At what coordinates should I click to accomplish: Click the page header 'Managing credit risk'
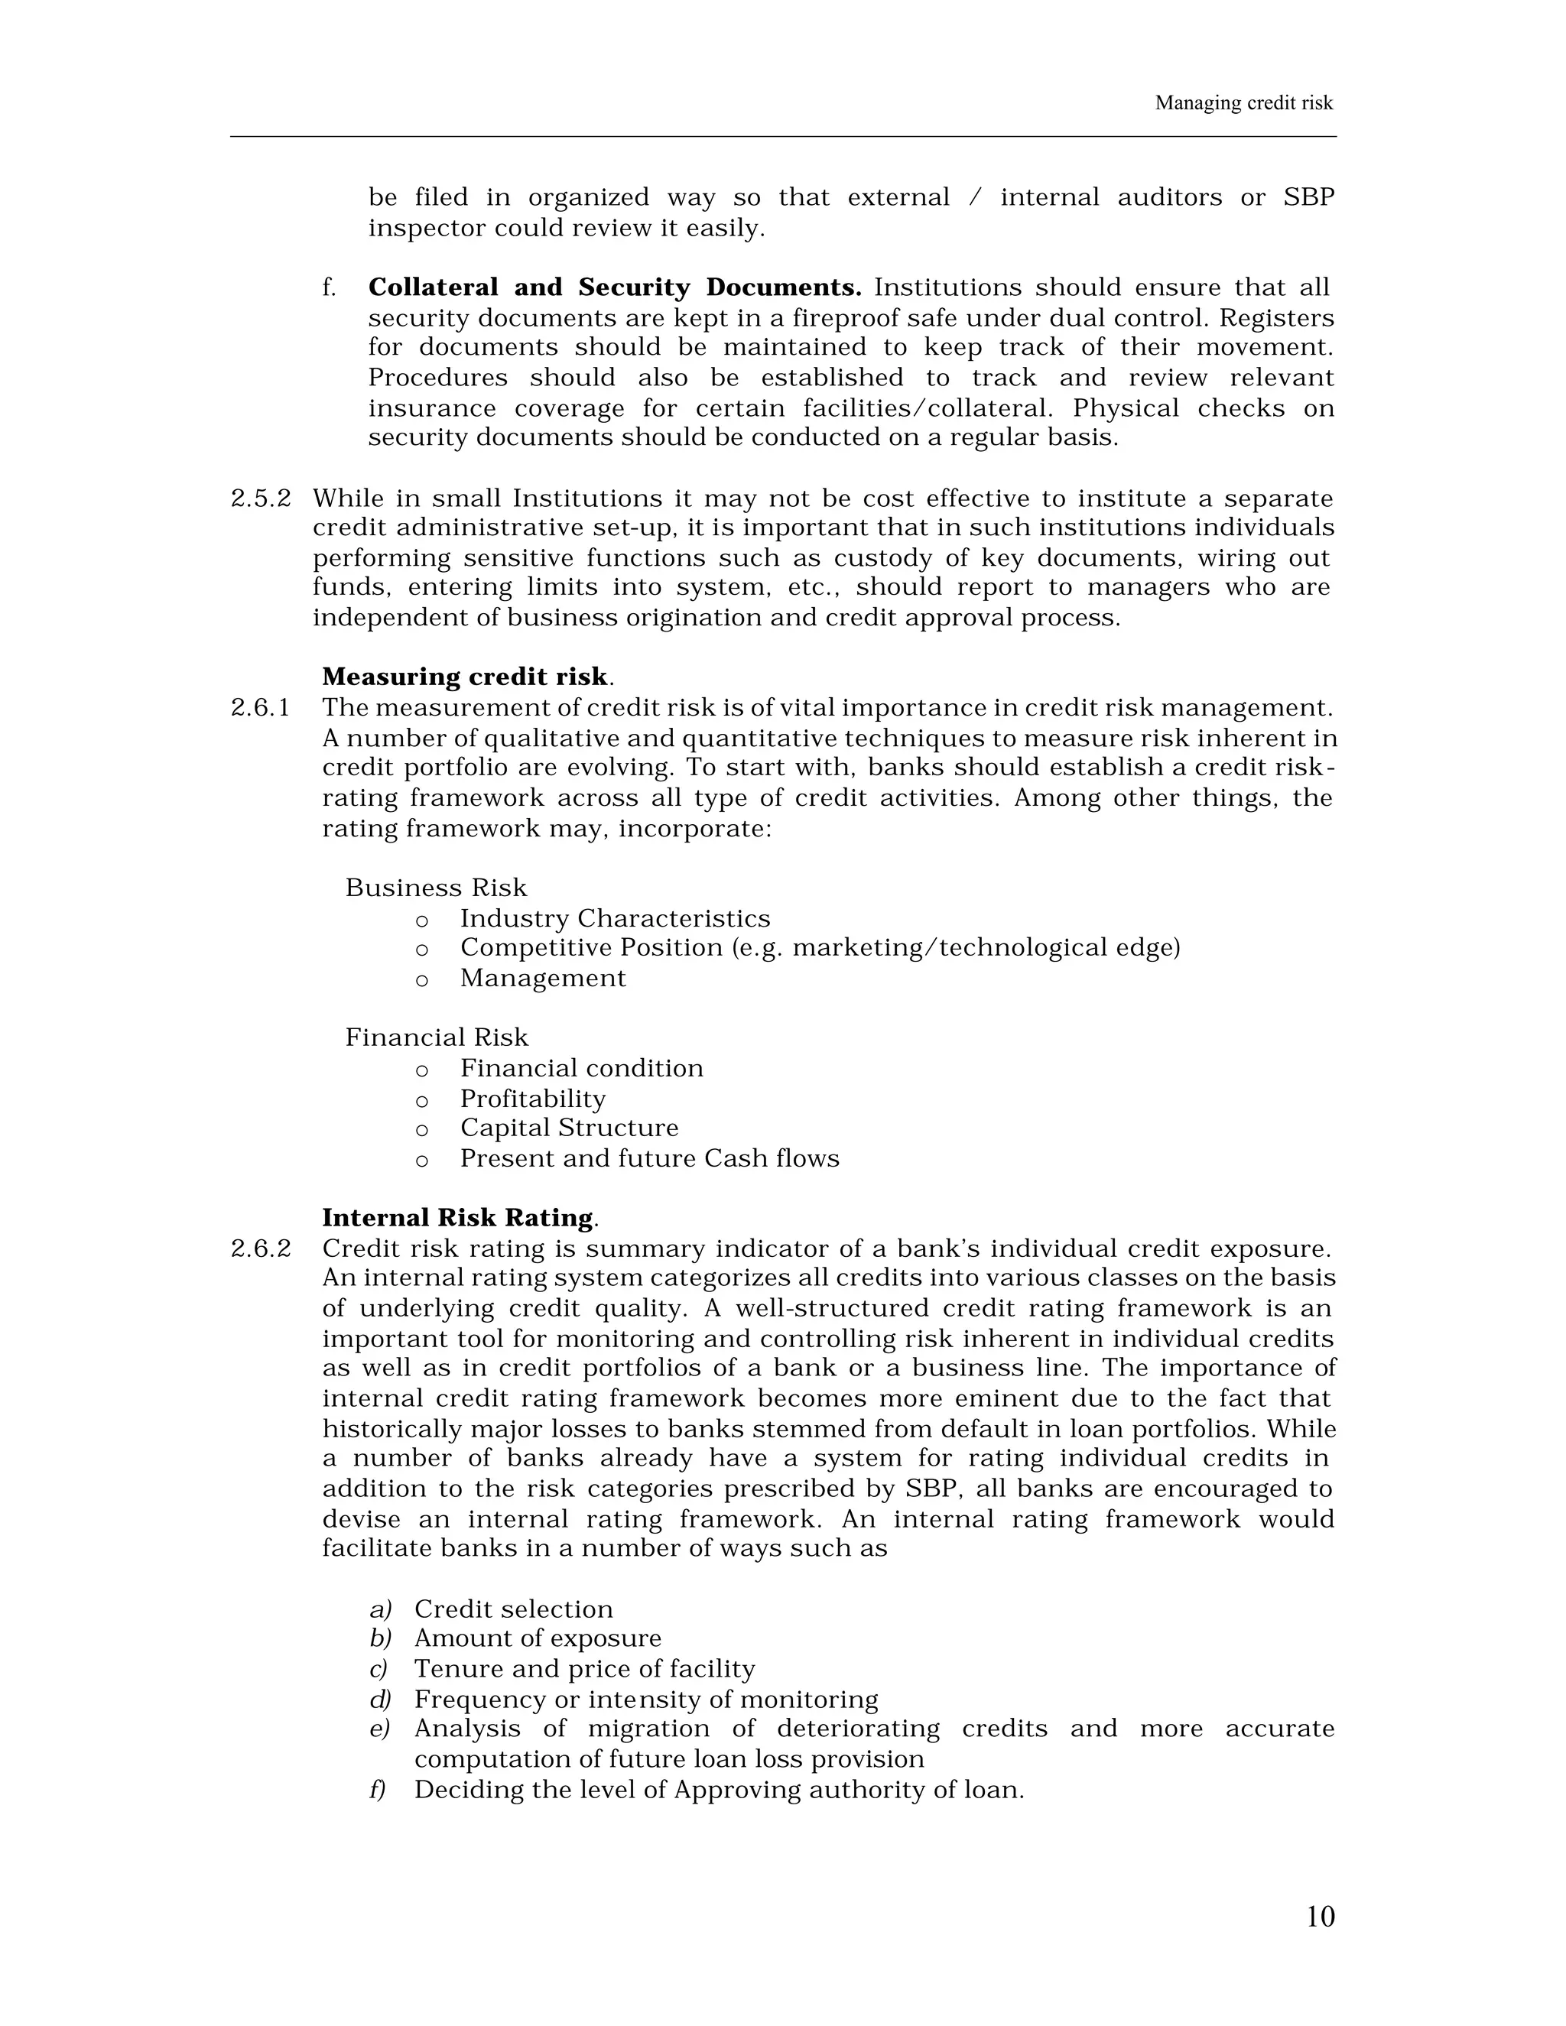[1243, 103]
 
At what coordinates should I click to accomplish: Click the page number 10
[1319, 1916]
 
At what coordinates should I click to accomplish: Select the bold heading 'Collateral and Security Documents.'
[614, 287]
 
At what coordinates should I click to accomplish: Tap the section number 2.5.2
[260, 499]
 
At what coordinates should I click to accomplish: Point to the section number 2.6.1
[260, 708]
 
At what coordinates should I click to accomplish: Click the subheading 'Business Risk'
[436, 888]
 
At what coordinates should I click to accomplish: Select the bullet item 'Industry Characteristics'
[615, 918]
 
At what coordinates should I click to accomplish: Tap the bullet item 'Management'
[543, 978]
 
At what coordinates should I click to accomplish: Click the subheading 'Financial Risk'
[437, 1037]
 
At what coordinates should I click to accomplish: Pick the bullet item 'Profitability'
[532, 1099]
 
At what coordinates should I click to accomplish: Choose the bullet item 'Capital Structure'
[569, 1128]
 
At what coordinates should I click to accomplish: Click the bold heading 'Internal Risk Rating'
[457, 1217]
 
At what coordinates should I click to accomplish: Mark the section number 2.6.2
[260, 1248]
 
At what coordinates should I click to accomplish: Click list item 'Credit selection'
[513, 1609]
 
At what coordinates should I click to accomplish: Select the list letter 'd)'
[380, 1700]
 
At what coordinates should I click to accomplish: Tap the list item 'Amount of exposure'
[537, 1638]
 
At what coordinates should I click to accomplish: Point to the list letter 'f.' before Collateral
[328, 287]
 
